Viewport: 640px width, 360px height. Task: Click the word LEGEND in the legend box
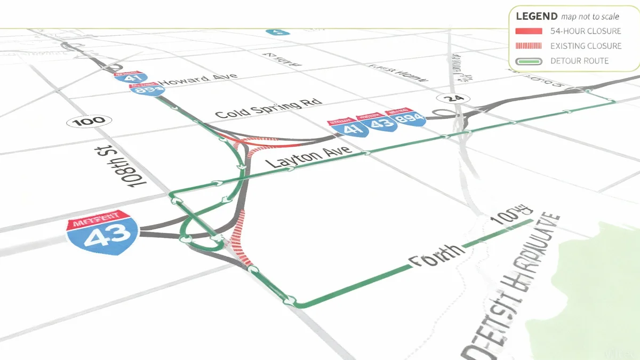click(537, 16)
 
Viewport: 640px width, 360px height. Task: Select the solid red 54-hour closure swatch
click(529, 31)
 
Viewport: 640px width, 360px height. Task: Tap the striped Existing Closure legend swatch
click(529, 46)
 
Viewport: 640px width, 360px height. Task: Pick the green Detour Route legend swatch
click(529, 61)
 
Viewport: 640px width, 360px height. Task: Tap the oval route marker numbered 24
click(452, 98)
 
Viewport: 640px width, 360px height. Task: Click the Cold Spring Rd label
click(269, 108)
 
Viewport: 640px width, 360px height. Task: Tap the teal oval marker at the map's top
click(278, 32)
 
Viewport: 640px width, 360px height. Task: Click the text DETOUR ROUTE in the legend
click(579, 61)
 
